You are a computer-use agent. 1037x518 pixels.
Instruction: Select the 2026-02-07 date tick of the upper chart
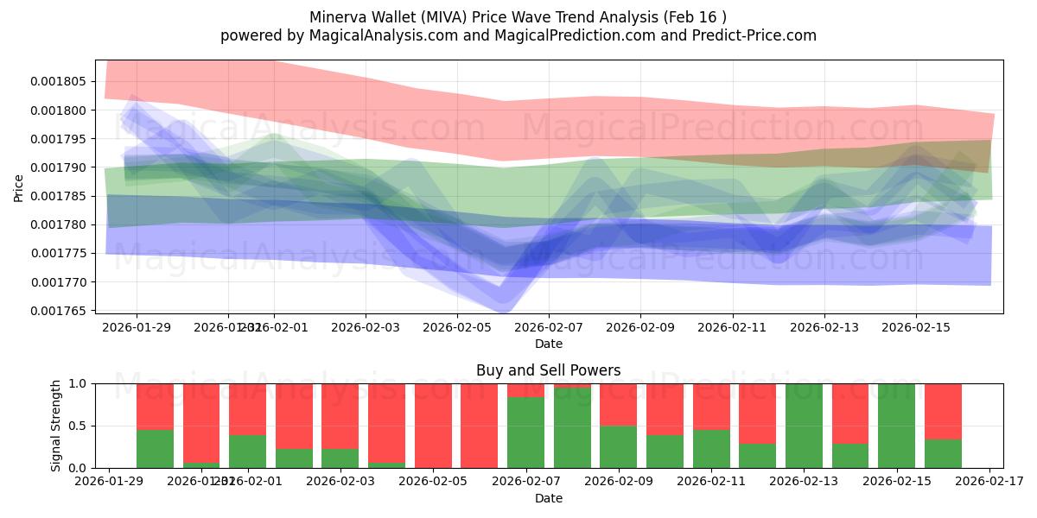pyautogui.click(x=549, y=327)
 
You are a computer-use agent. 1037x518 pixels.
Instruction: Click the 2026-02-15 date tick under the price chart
pyautogui.click(x=916, y=327)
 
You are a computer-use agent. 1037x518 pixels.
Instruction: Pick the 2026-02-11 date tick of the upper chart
pyautogui.click(x=732, y=327)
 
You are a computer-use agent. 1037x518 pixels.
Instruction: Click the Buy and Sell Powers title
pyautogui.click(x=548, y=370)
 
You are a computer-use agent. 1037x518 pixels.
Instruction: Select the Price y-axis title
pyautogui.click(x=19, y=187)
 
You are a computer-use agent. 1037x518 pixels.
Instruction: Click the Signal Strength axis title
pyautogui.click(x=56, y=426)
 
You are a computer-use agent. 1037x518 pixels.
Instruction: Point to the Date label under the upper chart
pyautogui.click(x=548, y=344)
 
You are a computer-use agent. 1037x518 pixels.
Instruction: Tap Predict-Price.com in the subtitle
pyautogui.click(x=757, y=35)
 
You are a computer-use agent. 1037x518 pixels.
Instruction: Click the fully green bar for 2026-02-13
pyautogui.click(x=804, y=426)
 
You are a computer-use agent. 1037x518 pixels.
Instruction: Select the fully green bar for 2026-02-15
pyautogui.click(x=896, y=426)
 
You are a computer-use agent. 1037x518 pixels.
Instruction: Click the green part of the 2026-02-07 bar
pyautogui.click(x=525, y=432)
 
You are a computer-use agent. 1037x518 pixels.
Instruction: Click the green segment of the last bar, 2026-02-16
pyautogui.click(x=943, y=453)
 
